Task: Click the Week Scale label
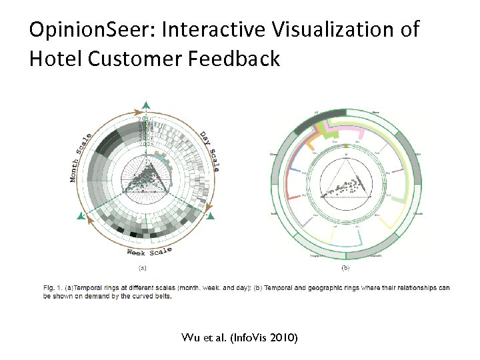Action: click(149, 251)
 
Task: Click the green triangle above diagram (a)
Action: click(146, 104)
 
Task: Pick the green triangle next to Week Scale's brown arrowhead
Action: click(81, 216)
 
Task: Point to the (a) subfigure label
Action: click(142, 268)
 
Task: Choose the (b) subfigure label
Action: click(345, 268)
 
